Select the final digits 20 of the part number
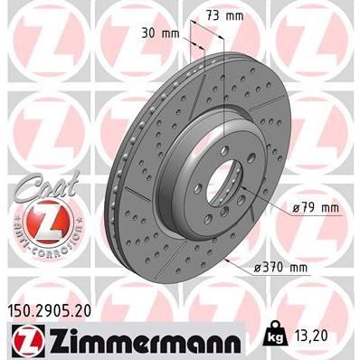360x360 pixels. (x=88, y=310)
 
